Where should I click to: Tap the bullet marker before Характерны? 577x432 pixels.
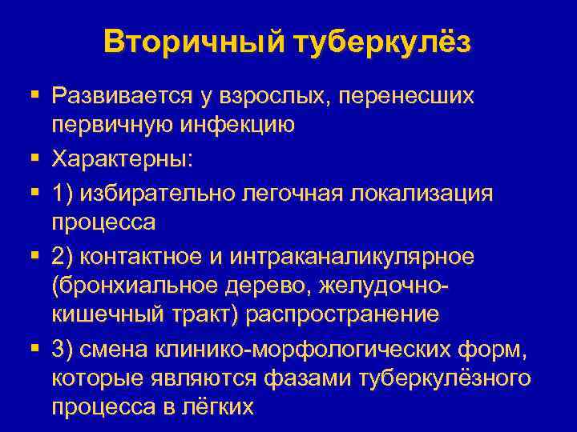[34, 158]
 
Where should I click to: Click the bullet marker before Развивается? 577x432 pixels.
[34, 96]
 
